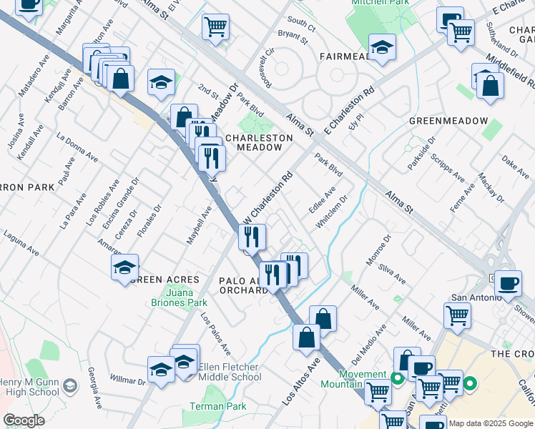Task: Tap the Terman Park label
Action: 217,406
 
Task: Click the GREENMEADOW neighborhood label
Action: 448,121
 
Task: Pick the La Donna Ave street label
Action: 77,145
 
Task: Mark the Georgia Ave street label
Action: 93,383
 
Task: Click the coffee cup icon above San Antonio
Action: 509,282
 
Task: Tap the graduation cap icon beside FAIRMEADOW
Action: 382,48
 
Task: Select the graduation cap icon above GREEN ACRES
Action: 124,267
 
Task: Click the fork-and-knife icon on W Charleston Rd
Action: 252,236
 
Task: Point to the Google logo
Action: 24,420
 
